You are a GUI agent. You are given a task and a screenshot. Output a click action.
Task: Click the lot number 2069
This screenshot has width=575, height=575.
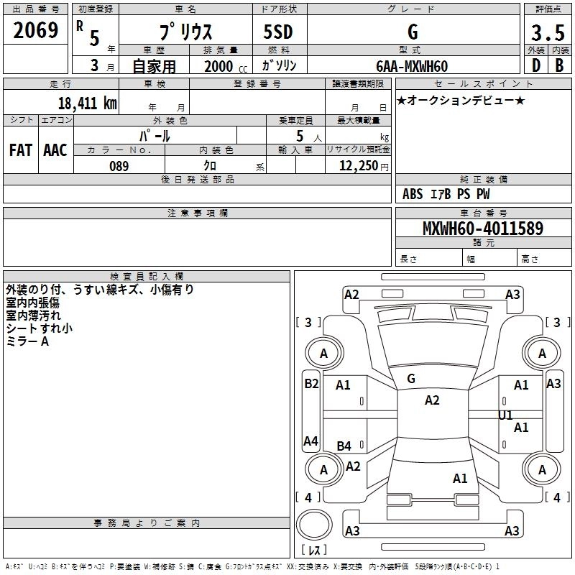(x=35, y=30)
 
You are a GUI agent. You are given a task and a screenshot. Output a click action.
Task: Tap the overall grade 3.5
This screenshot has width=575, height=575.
(x=548, y=32)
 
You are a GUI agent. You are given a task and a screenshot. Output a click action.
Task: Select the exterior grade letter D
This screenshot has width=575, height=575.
(x=536, y=65)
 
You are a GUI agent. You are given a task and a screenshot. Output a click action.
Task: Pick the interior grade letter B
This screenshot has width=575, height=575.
(x=559, y=65)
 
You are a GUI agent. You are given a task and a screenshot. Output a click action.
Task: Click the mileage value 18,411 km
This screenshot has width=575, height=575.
(x=87, y=103)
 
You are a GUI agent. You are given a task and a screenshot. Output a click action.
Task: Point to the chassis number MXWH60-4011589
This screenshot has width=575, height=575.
(x=483, y=228)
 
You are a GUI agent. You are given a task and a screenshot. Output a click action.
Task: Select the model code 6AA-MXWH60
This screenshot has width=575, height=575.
(x=412, y=66)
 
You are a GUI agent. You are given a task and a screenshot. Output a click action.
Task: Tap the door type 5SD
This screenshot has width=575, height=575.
(x=278, y=32)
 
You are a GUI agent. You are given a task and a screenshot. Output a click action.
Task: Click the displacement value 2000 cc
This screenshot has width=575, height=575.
(x=226, y=66)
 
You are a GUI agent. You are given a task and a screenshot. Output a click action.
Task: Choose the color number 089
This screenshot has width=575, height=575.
(x=119, y=166)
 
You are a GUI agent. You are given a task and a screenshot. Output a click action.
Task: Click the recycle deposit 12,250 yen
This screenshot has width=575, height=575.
(x=364, y=166)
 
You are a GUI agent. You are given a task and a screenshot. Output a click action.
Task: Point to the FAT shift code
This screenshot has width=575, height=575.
(x=21, y=150)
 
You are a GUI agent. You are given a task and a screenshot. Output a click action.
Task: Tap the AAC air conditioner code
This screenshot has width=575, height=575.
(x=55, y=150)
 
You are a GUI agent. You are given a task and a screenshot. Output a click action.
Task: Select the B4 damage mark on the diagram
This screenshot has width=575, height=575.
(x=344, y=446)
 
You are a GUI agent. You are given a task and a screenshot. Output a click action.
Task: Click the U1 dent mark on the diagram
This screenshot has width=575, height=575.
(x=505, y=415)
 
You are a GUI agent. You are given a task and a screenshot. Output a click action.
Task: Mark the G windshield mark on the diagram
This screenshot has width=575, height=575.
(x=411, y=379)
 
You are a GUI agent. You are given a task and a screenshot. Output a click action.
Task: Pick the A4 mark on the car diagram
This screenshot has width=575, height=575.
(x=310, y=441)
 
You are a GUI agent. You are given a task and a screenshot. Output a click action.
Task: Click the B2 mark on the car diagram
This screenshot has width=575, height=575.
(x=311, y=384)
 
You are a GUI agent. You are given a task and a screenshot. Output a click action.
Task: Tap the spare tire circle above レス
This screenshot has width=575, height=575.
(x=314, y=525)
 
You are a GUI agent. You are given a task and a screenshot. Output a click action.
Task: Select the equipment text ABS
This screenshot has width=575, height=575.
(x=413, y=194)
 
